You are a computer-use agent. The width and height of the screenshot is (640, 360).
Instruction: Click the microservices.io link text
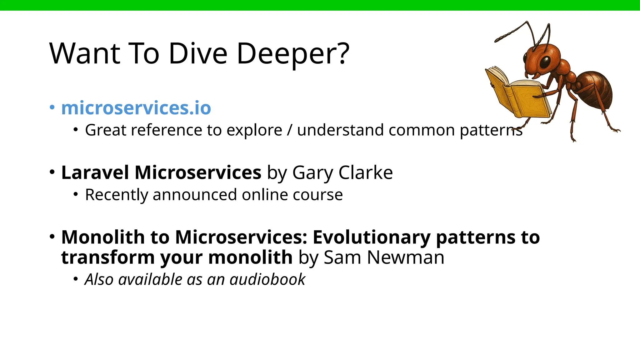(136, 108)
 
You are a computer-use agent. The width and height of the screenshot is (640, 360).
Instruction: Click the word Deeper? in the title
(293, 54)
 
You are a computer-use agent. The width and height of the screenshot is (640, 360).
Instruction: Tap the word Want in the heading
(85, 54)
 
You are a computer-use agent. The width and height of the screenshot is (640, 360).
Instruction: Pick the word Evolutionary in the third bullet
(372, 237)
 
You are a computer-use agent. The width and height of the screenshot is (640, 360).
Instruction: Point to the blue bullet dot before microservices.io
(52, 107)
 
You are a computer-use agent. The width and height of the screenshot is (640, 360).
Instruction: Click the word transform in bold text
(107, 257)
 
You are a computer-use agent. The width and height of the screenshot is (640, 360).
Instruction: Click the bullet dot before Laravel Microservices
(52, 172)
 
